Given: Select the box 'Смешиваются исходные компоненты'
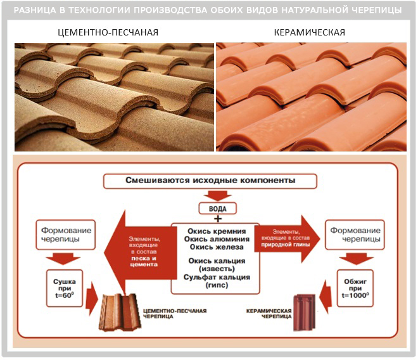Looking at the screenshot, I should pos(210,180).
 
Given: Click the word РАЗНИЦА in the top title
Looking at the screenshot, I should pos(45,10).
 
